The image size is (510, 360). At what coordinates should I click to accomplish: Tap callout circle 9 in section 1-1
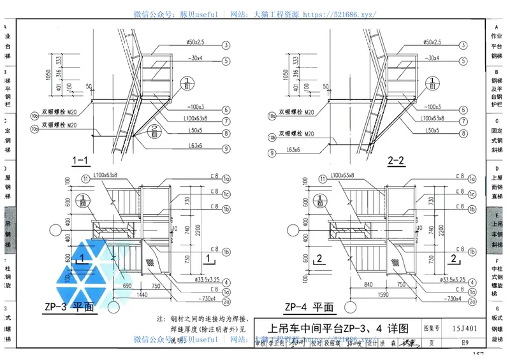(226, 150)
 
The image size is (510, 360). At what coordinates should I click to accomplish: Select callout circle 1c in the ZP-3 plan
(226, 194)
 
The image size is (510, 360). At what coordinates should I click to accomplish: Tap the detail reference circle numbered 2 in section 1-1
(154, 132)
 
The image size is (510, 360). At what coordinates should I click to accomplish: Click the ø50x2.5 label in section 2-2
(432, 43)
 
